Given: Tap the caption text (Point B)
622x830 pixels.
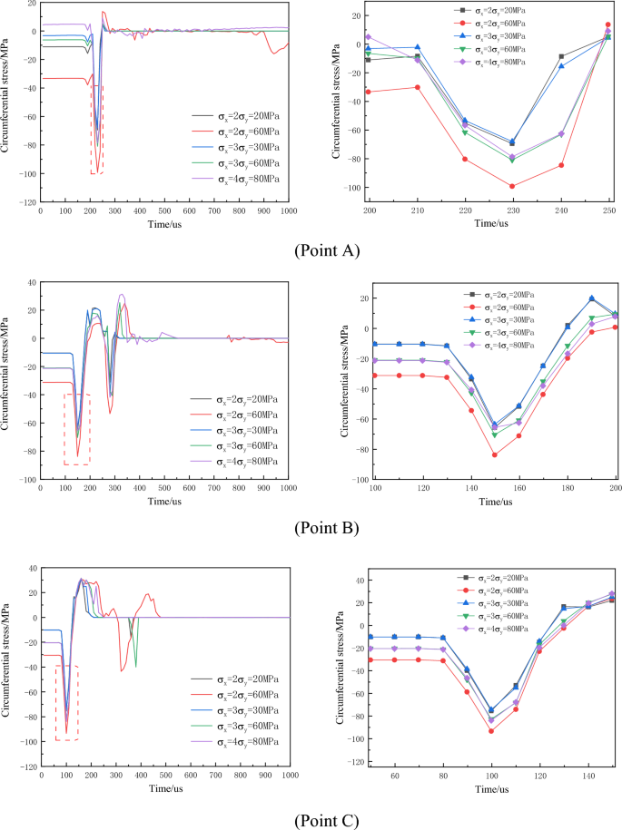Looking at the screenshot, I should pos(311,528).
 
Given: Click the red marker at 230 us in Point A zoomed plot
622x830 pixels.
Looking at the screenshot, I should pos(512,186).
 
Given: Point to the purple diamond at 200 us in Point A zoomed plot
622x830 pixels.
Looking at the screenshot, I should pos(369,37).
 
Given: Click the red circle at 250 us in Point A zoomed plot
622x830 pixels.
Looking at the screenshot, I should pos(607,24).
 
